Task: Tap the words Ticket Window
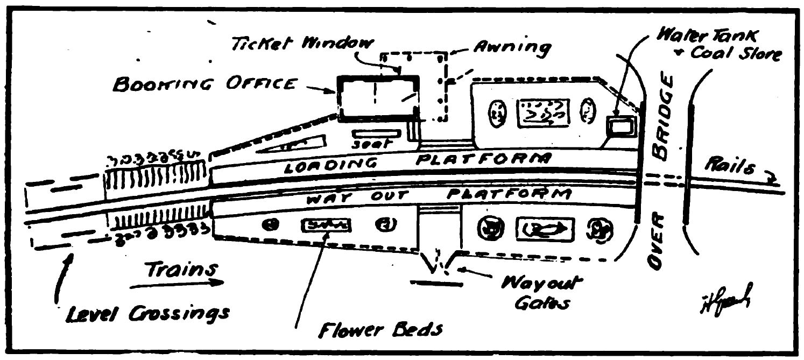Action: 296,45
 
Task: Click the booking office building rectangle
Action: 378,97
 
